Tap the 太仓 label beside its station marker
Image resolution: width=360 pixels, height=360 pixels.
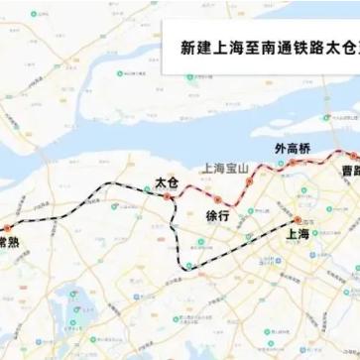(x=165, y=181)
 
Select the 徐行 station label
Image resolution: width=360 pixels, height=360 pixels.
(x=217, y=215)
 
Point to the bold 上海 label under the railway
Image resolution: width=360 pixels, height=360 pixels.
(x=298, y=235)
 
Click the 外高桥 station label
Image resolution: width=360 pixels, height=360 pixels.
(x=293, y=148)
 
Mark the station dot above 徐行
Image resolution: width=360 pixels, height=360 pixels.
(x=217, y=200)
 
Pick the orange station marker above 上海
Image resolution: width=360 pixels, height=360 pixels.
(x=297, y=219)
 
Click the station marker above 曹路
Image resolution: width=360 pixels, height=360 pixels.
(x=351, y=156)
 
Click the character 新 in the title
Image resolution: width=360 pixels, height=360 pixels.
(x=186, y=47)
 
